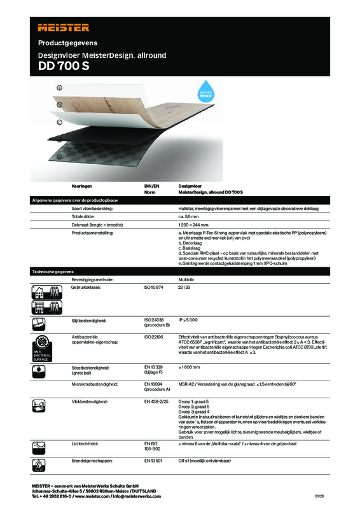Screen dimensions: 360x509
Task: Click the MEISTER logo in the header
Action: pos(62,27)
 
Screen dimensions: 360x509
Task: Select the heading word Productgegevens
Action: pos(66,44)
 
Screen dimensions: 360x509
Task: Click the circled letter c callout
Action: pos(59,122)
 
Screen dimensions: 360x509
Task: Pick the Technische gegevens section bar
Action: pos(180,271)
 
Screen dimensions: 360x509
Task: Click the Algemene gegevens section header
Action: pos(180,200)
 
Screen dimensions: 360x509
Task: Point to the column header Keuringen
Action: pos(83,185)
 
